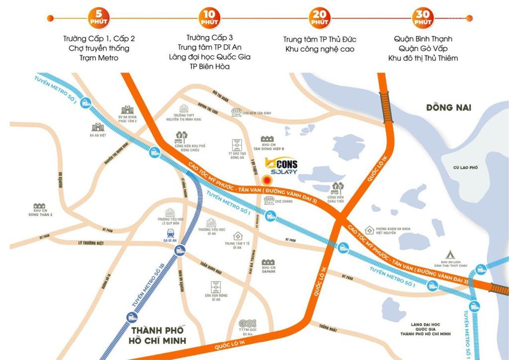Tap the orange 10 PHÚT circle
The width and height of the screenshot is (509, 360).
pyautogui.click(x=208, y=18)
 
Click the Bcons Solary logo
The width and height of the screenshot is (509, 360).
pyautogui.click(x=281, y=166)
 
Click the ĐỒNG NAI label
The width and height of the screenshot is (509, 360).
pyautogui.click(x=448, y=107)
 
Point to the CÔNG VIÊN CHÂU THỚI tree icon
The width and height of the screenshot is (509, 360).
pyautogui.click(x=337, y=187)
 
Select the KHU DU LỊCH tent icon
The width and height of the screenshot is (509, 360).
pyautogui.click(x=451, y=253)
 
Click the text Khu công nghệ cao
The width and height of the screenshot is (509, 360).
pyautogui.click(x=320, y=49)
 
